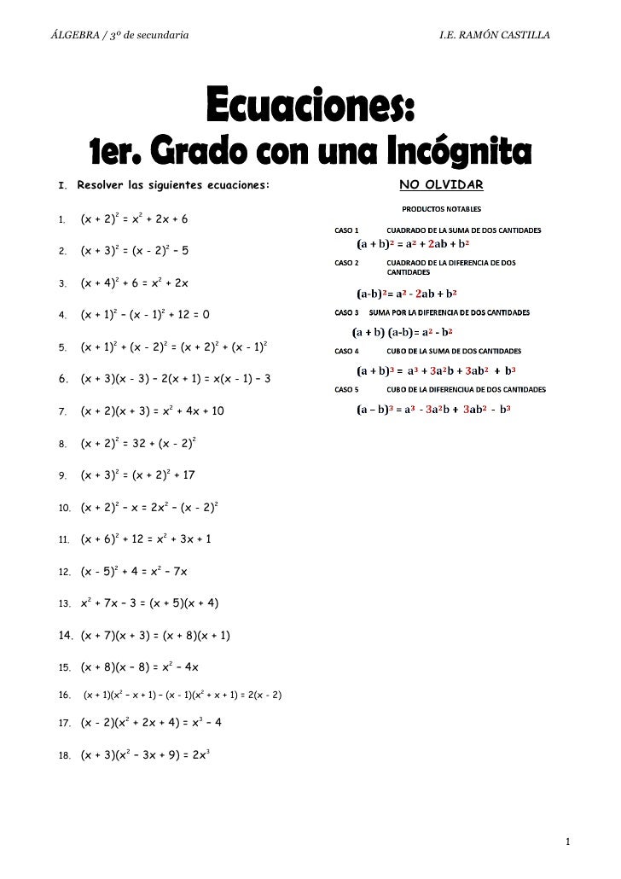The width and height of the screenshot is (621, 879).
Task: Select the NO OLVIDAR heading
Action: click(441, 185)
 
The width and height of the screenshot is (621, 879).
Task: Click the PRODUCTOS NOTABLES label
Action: click(441, 208)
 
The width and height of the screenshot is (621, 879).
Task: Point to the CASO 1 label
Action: click(347, 230)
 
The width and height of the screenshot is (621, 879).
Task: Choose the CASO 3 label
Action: click(347, 312)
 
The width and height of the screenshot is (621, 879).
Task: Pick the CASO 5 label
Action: click(347, 389)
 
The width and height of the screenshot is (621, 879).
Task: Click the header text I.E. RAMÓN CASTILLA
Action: click(494, 35)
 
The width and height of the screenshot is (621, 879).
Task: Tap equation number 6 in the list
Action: click(176, 378)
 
